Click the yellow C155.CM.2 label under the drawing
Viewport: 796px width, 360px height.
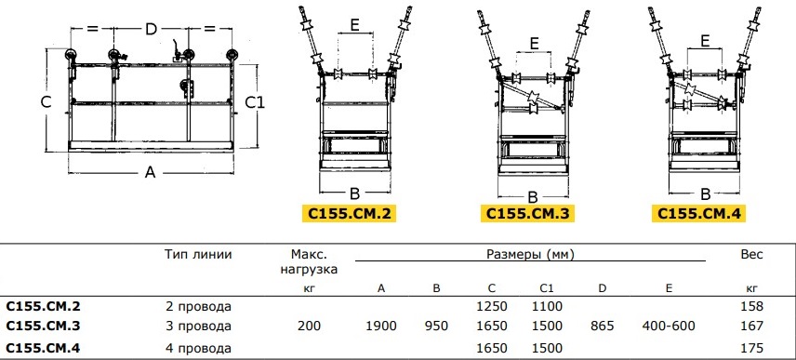tap(348, 213)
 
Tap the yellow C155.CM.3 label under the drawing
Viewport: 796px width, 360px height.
tap(528, 213)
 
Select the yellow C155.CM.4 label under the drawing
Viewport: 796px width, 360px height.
tap(699, 213)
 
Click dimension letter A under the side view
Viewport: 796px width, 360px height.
tap(150, 173)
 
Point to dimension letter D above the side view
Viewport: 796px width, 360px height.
tap(151, 30)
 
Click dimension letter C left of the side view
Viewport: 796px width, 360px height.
tap(46, 102)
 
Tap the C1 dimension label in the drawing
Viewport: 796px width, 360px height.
tap(255, 102)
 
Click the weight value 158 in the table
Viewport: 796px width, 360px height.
tap(752, 306)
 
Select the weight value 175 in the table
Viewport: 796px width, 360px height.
tap(752, 348)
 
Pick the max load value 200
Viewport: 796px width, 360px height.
tap(309, 326)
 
